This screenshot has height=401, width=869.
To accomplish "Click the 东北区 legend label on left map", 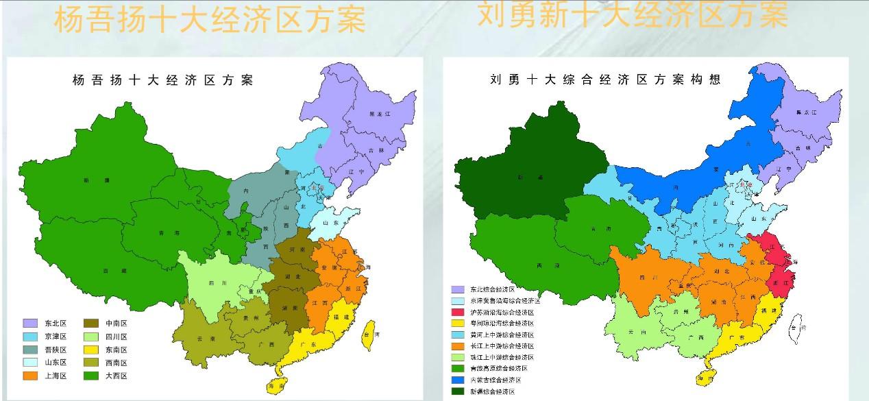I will click(x=56, y=323).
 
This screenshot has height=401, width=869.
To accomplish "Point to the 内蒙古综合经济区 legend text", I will click(x=495, y=380).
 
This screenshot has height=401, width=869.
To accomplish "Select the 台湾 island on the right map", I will click(x=796, y=328).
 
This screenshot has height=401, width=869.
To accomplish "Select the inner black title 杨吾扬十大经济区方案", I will click(x=162, y=80).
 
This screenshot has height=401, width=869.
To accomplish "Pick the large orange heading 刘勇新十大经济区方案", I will click(x=633, y=15).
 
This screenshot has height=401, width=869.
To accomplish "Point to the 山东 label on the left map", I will click(x=330, y=223).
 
